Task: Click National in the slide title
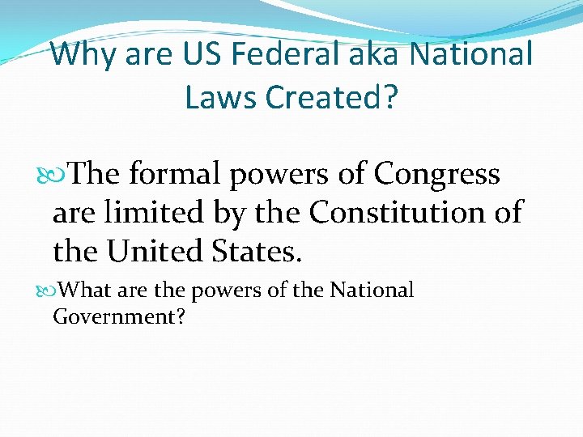point(472,55)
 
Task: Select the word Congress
point(436,175)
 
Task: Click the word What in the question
point(83,290)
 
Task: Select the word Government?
point(119,316)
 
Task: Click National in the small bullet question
point(372,290)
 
